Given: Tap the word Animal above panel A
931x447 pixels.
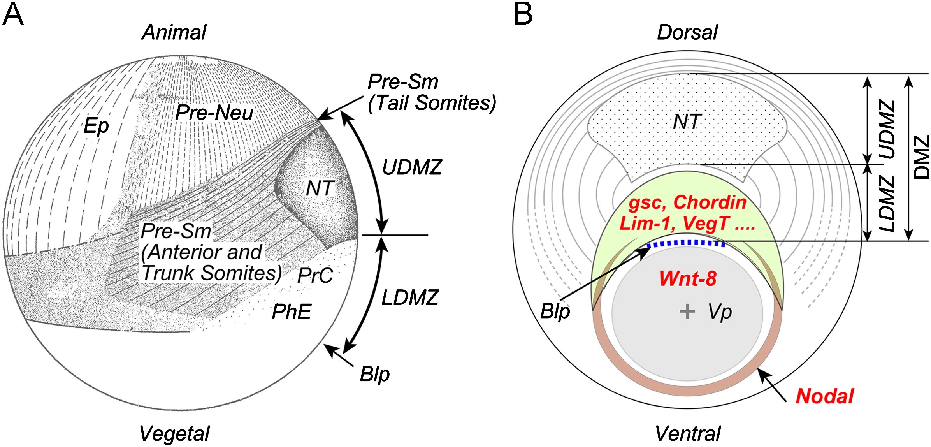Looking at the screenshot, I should pyautogui.click(x=174, y=32).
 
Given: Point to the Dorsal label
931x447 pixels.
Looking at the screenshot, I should pyautogui.click(x=687, y=32).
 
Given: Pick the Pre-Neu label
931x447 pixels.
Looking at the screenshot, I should pyautogui.click(x=214, y=113).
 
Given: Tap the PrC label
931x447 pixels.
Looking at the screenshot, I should pyautogui.click(x=315, y=276).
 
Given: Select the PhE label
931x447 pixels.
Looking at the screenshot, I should pyautogui.click(x=291, y=312).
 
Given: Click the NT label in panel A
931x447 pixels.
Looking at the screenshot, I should pyautogui.click(x=320, y=189).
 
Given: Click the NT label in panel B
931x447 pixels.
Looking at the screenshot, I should pyautogui.click(x=687, y=122).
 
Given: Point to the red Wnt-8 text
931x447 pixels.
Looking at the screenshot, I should pyautogui.click(x=688, y=279).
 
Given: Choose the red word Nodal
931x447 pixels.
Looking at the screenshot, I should pyautogui.click(x=824, y=396).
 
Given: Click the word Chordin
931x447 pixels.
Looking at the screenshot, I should pyautogui.click(x=710, y=202).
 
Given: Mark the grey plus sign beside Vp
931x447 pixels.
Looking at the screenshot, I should pyautogui.click(x=687, y=311).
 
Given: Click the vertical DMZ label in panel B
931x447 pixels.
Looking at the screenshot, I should pyautogui.click(x=921, y=157).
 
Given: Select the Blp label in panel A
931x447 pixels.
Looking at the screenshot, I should pyautogui.click(x=374, y=375).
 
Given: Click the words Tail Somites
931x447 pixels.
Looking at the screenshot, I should pyautogui.click(x=432, y=103).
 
